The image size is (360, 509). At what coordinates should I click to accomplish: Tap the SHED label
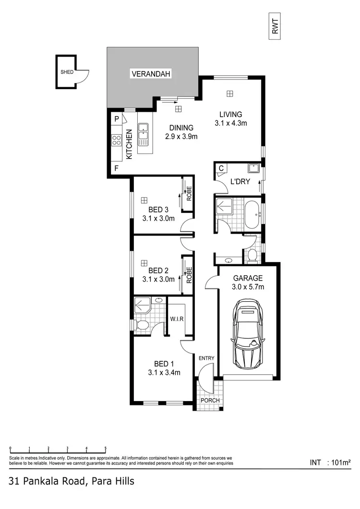pos(67,72)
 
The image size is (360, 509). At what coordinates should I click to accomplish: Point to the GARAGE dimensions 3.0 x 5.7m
pos(248,287)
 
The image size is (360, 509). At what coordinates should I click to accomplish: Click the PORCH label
pos(210,400)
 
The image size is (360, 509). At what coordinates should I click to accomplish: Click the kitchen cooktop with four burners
pos(117,140)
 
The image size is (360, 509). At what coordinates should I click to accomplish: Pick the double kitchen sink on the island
pos(143,134)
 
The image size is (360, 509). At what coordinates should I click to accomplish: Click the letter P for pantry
pos(117,118)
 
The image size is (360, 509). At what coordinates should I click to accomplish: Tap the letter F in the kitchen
pos(116,168)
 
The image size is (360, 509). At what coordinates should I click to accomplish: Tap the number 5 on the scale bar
pos(106,448)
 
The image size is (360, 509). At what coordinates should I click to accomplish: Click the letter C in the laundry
pos(221,168)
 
